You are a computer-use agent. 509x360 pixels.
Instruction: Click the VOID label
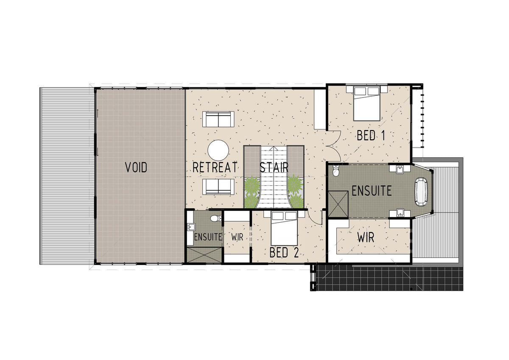[x=136, y=167]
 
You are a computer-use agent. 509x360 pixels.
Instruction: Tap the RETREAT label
[x=215, y=167]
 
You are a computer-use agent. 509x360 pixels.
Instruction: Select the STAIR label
[x=274, y=167]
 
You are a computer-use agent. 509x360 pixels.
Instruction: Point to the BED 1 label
[x=371, y=135]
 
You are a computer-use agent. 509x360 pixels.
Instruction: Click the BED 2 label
[x=284, y=252]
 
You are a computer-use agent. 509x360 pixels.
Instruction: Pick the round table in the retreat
[x=218, y=150]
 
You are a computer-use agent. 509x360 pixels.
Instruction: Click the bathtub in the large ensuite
[x=421, y=192]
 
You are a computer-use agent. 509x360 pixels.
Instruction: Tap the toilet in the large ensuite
[x=336, y=171]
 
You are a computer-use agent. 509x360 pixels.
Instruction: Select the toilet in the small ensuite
[x=216, y=218]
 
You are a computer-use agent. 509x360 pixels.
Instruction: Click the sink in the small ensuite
[x=191, y=227]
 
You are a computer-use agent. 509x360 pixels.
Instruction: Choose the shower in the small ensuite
[x=204, y=255]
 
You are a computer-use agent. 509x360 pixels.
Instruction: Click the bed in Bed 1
[x=366, y=103]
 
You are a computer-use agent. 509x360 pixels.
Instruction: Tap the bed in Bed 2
[x=284, y=228]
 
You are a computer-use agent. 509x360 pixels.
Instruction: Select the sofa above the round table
[x=218, y=119]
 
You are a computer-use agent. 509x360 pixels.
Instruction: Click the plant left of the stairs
[x=252, y=192]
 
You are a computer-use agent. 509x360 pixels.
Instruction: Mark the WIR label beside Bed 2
[x=237, y=237]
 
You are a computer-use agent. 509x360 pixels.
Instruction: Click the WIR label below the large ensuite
[x=366, y=237]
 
